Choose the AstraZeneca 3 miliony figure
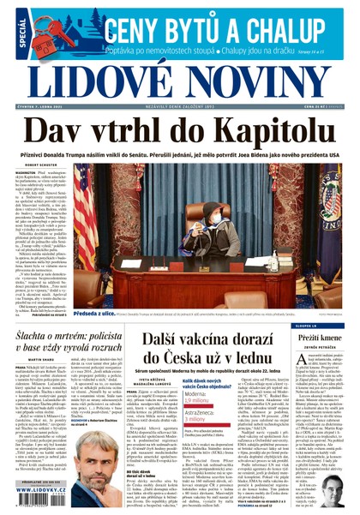point(200,418)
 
